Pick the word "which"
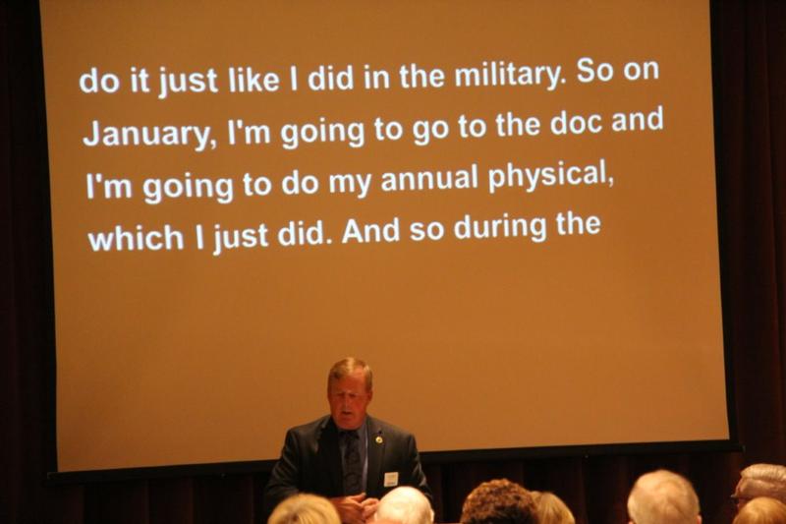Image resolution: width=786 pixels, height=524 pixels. tap(136, 238)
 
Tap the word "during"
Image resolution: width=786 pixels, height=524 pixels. tap(500, 227)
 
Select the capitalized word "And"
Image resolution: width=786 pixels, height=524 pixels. tap(371, 231)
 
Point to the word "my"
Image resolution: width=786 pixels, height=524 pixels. tap(350, 183)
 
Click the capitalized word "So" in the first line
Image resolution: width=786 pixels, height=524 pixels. tap(594, 72)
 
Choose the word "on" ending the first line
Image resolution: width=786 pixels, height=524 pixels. tap(641, 71)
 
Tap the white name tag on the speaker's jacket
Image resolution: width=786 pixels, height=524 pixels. tap(391, 479)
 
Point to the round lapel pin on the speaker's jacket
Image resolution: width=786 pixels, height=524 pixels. tap(379, 439)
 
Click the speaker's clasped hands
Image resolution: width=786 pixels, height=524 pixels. tap(355, 505)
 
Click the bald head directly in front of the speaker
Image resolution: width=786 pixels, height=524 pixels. tap(404, 505)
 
